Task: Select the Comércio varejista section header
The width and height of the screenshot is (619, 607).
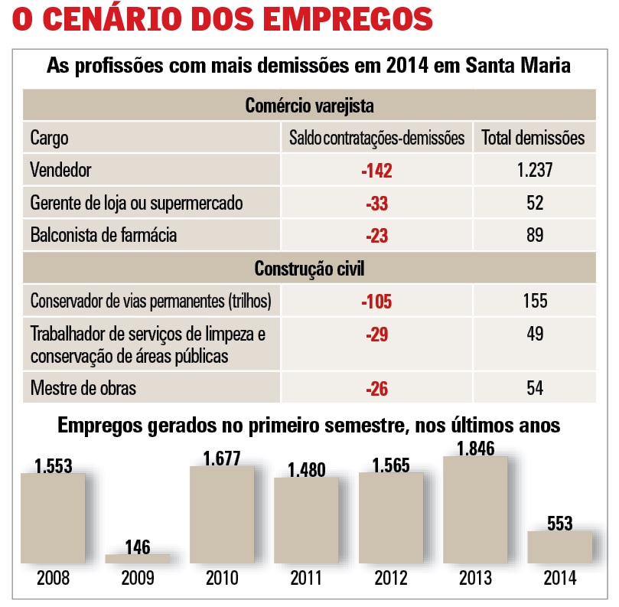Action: pyautogui.click(x=309, y=105)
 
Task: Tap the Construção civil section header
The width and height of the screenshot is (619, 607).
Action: pyautogui.click(x=309, y=269)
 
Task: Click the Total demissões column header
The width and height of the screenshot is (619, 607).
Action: pyautogui.click(x=533, y=138)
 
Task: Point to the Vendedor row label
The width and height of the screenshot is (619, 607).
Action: pyautogui.click(x=61, y=170)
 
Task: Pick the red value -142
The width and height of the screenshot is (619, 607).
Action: pyautogui.click(x=376, y=171)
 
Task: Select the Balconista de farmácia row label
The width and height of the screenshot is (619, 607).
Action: pyautogui.click(x=103, y=235)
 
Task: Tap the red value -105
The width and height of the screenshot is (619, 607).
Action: pyautogui.click(x=376, y=301)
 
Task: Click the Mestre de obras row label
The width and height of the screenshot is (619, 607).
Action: pyautogui.click(x=83, y=388)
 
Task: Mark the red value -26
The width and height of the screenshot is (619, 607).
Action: pyautogui.click(x=376, y=389)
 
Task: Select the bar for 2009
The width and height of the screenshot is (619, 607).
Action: pyautogui.click(x=138, y=559)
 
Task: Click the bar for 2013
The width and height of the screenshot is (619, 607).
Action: pyautogui.click(x=474, y=511)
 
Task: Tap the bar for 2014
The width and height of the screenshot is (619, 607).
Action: pyautogui.click(x=559, y=547)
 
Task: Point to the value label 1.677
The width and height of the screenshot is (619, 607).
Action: pyautogui.click(x=222, y=459)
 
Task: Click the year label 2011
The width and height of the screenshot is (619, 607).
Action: pyautogui.click(x=306, y=578)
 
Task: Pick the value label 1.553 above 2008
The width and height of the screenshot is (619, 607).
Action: pyautogui.click(x=53, y=465)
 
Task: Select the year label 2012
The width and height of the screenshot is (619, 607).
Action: pyautogui.click(x=391, y=578)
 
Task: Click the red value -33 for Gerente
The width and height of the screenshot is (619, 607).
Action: pyautogui.click(x=376, y=204)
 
